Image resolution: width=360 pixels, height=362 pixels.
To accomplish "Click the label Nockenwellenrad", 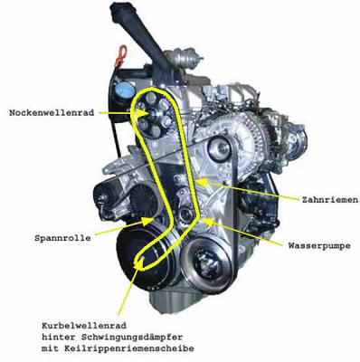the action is (x=52, y=113).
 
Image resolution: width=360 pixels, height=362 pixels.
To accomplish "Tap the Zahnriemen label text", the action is (x=330, y=200).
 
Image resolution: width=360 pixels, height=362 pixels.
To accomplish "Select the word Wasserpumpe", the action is (x=319, y=245).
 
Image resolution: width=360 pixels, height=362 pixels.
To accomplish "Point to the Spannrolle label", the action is (x=62, y=238).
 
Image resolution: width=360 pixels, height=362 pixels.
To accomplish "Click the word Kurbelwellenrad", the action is (x=84, y=326).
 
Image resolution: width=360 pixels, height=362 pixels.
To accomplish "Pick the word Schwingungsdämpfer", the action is (x=132, y=338).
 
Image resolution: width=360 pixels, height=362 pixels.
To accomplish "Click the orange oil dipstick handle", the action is (x=121, y=52).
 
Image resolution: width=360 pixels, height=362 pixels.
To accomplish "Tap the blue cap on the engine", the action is (x=123, y=90).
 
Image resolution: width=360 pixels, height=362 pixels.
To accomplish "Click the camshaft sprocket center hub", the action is (x=153, y=114).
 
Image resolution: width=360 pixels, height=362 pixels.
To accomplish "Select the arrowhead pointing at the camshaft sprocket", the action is (x=142, y=113).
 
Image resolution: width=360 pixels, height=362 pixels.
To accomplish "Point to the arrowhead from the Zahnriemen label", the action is (x=201, y=182).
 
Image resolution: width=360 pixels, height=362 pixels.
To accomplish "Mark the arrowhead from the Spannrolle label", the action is (x=147, y=222).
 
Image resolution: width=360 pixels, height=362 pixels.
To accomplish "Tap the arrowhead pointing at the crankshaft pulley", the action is (x=139, y=262).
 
